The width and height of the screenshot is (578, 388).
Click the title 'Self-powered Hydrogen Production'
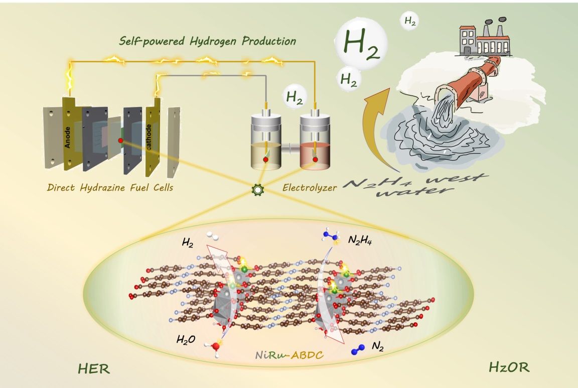(x=208, y=41)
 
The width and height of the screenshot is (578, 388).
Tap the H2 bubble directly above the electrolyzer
(x=295, y=98)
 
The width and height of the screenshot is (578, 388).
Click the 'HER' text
(x=94, y=370)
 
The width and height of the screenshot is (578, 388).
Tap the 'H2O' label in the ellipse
(x=186, y=339)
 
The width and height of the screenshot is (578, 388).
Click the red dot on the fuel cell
(x=121, y=141)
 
